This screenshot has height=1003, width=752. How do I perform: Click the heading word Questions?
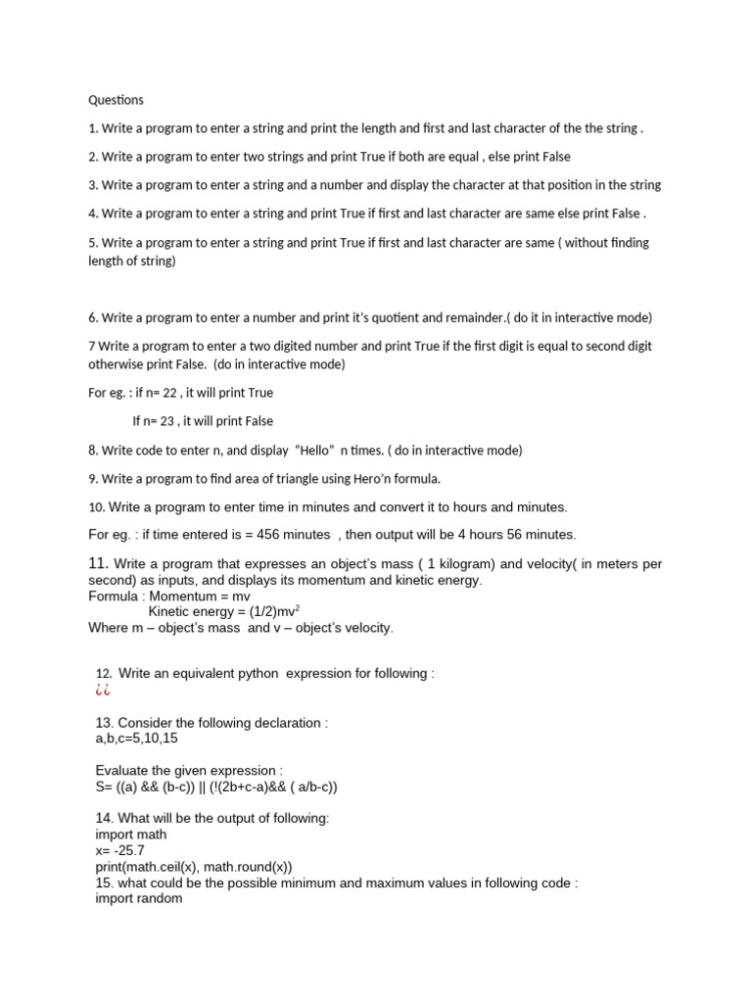[116, 100]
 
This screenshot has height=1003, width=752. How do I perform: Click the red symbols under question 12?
[103, 691]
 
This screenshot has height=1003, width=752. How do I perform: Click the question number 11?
[98, 563]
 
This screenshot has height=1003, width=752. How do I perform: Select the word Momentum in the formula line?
[178, 597]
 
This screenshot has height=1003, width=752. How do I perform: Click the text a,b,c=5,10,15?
[138, 739]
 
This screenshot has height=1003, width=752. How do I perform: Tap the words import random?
[139, 898]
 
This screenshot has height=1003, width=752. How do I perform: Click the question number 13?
[105, 723]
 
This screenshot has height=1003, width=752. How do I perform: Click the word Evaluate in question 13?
[123, 771]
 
